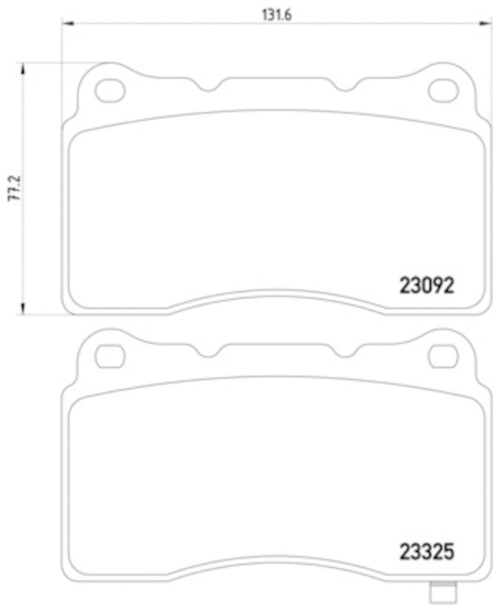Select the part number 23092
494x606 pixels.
(427, 286)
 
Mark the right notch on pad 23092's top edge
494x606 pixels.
(344, 87)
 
